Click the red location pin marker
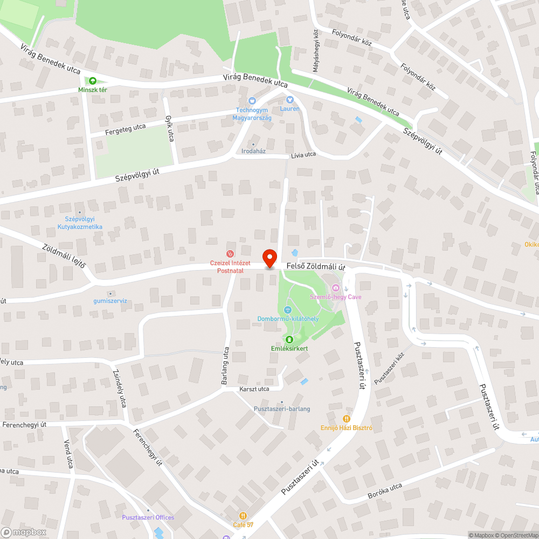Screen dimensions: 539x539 click(269, 258)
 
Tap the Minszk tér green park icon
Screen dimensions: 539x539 click(93, 81)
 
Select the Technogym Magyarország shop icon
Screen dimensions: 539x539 click(252, 101)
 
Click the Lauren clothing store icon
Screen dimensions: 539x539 click(290, 99)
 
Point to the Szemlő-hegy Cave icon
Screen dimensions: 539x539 click(336, 288)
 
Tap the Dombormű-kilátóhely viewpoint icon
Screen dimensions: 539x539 click(288, 309)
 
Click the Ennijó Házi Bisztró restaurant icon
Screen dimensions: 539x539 click(347, 418)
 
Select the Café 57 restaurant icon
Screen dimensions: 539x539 click(243, 516)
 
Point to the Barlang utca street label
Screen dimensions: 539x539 click(225, 365)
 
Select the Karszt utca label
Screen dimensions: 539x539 click(254, 389)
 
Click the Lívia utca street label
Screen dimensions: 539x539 click(303, 155)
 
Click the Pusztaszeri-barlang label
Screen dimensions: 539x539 click(282, 409)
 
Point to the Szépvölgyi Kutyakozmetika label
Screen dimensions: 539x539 click(80, 223)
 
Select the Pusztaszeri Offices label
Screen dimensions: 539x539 click(148, 517)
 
